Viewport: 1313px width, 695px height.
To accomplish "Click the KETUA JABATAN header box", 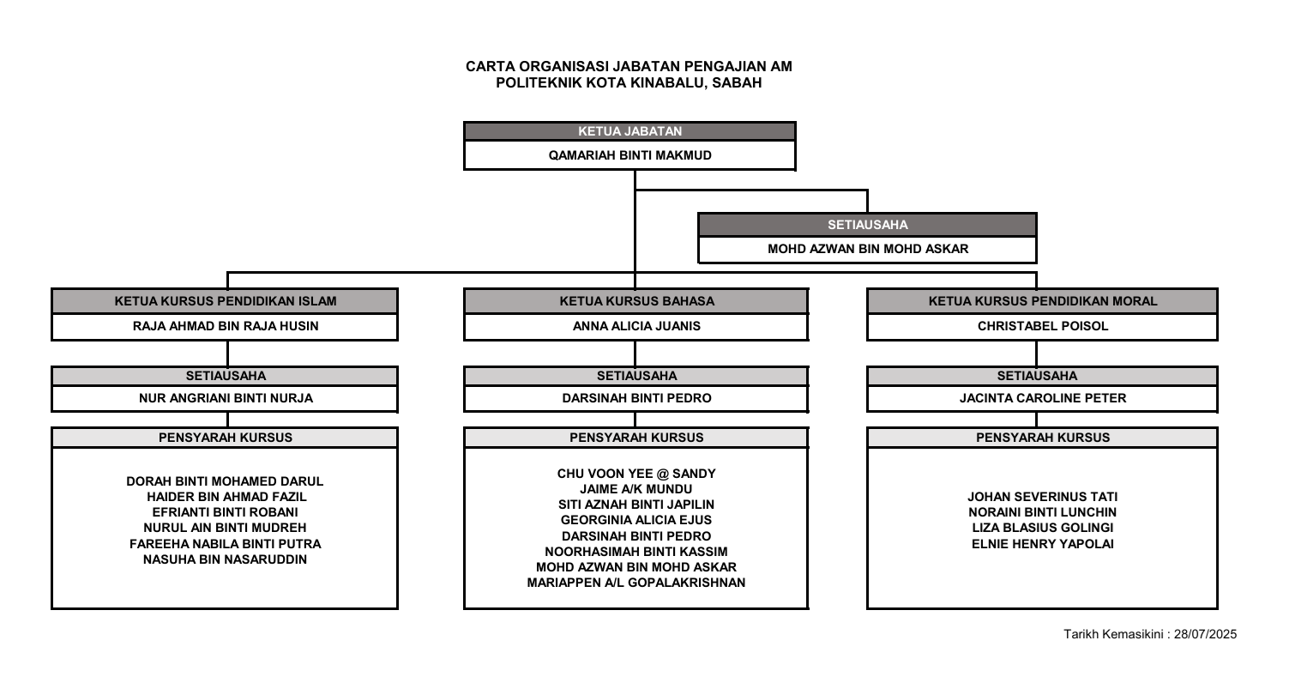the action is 629,131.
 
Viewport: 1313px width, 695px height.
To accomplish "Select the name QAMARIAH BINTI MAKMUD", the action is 629,155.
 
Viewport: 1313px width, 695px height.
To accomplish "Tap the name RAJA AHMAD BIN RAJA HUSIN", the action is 226,326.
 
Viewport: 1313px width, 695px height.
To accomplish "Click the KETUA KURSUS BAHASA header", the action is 636,301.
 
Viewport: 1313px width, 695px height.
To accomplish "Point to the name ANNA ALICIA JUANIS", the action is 636,326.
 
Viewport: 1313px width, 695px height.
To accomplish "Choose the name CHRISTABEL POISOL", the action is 1043,326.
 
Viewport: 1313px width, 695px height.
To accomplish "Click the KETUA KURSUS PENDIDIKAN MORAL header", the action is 1043,301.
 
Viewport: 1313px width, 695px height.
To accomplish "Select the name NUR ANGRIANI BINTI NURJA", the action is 226,398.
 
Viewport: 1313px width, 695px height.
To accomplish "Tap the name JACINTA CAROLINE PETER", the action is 1043,398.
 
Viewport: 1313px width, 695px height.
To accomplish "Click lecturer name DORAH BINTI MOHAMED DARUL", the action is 225,481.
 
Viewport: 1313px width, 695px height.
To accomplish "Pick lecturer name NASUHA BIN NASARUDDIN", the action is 225,559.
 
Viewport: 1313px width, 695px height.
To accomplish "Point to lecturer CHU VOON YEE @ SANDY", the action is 636,474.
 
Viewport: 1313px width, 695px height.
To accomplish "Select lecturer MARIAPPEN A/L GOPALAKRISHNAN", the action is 636,583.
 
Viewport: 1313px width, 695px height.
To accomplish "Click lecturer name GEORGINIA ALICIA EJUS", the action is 636,520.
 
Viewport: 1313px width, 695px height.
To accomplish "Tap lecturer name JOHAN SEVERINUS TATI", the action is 1042,497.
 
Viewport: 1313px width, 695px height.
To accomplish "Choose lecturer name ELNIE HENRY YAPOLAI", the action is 1042,544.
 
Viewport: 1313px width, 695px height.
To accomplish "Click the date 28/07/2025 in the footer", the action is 1205,634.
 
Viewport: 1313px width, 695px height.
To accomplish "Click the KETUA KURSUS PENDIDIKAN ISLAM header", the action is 225,301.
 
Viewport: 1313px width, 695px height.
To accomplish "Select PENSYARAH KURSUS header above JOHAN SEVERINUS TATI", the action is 1043,438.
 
